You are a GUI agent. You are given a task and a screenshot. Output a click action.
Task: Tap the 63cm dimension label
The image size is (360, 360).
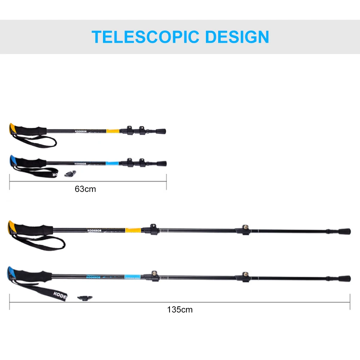[85, 189]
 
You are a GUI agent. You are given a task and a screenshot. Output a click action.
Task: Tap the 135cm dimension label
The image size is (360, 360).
[180, 309]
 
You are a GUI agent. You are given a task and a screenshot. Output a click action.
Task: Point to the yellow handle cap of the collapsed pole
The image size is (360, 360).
[12, 128]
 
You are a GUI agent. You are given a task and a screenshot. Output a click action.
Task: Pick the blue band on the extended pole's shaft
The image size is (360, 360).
[133, 276]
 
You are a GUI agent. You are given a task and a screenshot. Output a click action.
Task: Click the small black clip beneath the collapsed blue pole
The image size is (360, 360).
[69, 174]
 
